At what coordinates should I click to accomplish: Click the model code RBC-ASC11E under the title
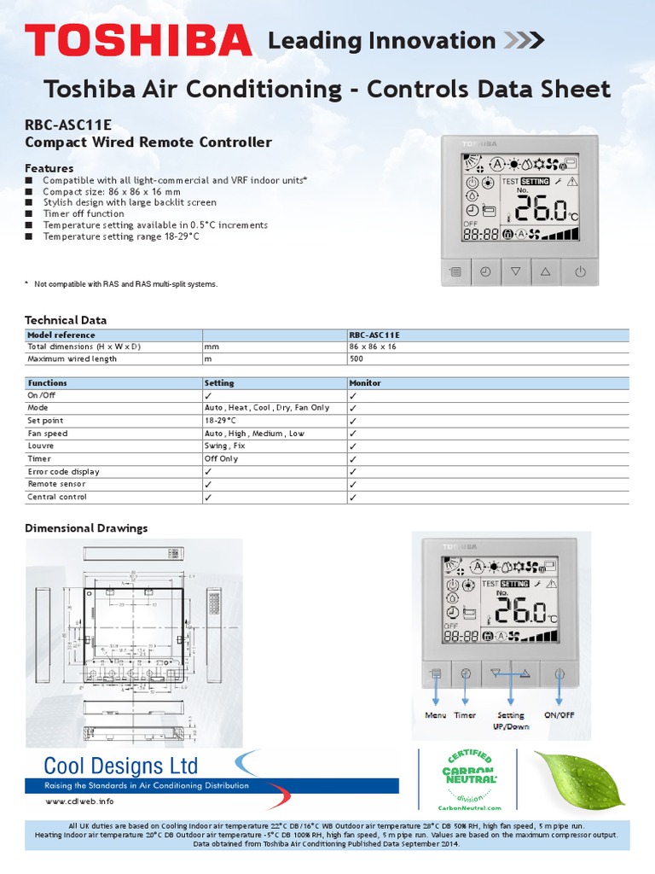68,125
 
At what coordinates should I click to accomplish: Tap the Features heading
49,168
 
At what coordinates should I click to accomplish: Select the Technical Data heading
66,320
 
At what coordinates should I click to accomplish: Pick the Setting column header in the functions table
219,383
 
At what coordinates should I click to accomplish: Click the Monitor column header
365,383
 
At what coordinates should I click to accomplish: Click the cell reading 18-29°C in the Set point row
220,421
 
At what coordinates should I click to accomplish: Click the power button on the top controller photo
580,272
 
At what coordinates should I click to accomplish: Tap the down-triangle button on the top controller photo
515,272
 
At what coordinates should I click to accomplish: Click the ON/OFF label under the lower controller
559,715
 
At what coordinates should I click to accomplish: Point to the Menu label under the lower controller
436,715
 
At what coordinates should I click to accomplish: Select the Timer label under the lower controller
466,715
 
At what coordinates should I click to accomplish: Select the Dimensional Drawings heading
86,528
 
